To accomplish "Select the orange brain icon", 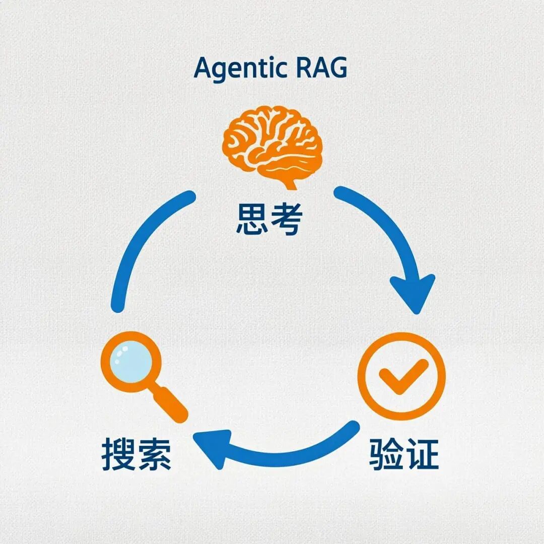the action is (x=272, y=144).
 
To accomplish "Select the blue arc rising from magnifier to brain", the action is (x=136, y=237).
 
